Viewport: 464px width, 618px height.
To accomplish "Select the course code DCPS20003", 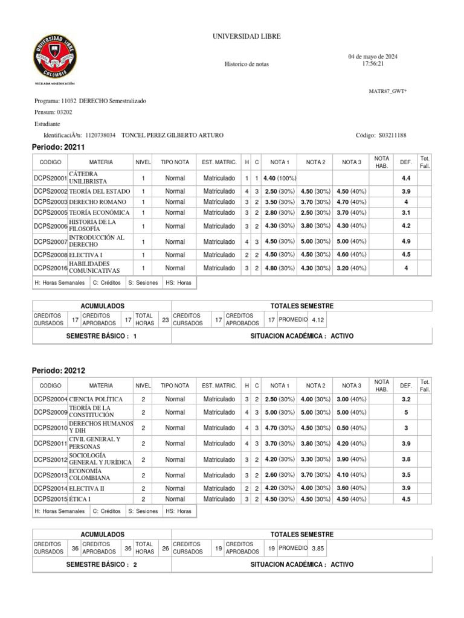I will [x=51, y=202].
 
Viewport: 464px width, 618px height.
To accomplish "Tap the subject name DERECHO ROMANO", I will [x=98, y=202].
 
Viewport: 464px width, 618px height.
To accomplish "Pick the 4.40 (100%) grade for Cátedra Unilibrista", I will [x=279, y=179].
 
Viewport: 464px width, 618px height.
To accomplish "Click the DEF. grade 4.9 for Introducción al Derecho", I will [x=406, y=241].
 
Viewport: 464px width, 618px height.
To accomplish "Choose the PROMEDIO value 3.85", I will [x=318, y=548].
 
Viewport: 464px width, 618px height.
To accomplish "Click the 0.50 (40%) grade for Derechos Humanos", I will [x=351, y=428].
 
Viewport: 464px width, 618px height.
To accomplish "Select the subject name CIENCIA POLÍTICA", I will [x=96, y=400].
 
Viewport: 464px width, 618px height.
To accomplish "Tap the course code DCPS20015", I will [x=51, y=499].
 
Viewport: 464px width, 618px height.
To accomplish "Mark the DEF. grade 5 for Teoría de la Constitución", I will [x=406, y=413].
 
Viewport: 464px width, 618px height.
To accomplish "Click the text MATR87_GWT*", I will [x=388, y=91].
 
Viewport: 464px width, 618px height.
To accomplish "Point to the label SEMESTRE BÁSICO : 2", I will [x=101, y=564].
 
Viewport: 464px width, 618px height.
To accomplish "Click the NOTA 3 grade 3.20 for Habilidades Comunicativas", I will [x=351, y=268].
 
